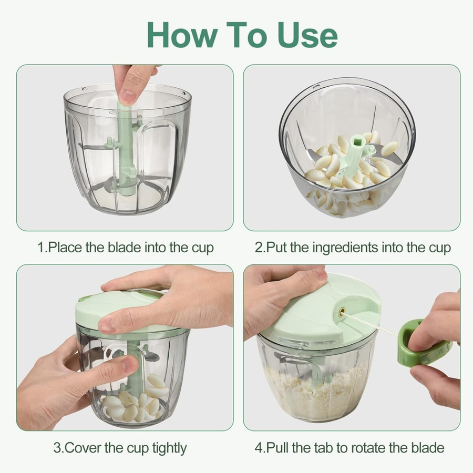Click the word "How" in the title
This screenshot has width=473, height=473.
[x=182, y=35]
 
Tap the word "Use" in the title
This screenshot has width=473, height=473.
[x=307, y=35]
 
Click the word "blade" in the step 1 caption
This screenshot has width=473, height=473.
[x=124, y=248]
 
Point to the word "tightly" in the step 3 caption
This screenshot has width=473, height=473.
[x=169, y=448]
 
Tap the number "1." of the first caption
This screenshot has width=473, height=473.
[x=42, y=248]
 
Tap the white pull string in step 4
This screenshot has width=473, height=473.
[x=372, y=325]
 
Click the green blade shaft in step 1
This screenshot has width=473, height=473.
[x=126, y=148]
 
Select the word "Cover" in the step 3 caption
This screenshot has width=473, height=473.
[x=83, y=448]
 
